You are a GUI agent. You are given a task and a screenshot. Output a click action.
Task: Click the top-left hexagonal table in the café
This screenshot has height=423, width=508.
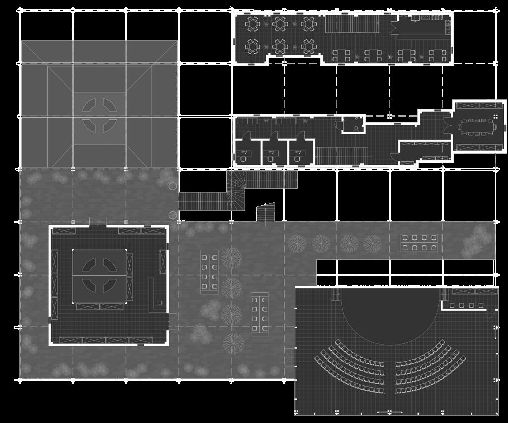pos(253,23)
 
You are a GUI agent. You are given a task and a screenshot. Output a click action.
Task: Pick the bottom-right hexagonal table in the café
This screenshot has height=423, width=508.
pos(309,47)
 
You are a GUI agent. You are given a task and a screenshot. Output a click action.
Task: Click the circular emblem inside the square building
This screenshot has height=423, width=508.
pos(99,276)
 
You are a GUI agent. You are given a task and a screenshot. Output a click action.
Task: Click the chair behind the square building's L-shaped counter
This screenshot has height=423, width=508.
pos(160,302)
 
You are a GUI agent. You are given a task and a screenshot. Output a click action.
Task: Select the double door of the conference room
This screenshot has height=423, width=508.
pos(450,126)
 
